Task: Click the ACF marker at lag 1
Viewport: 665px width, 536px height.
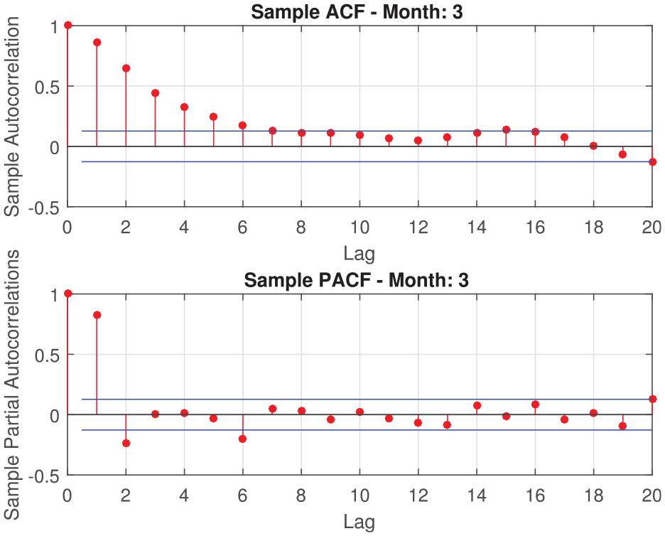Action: [x=97, y=43]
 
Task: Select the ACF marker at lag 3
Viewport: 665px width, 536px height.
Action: [x=155, y=93]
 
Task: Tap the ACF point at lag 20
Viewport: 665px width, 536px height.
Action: [x=653, y=161]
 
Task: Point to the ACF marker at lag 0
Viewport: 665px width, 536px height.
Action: [x=68, y=26]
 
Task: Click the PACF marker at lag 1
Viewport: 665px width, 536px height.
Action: [x=97, y=315]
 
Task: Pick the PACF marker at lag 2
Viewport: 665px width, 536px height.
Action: [x=126, y=443]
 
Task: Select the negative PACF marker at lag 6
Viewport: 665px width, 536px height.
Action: [x=242, y=439]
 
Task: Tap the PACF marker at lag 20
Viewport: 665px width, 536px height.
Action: [x=653, y=399]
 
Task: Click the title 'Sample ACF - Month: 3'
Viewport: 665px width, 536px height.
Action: [x=357, y=12]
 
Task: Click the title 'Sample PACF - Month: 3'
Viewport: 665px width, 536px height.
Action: [x=356, y=280]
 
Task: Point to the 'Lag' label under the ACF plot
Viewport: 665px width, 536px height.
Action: [x=359, y=254]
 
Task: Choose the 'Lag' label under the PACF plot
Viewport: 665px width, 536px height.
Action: [x=359, y=522]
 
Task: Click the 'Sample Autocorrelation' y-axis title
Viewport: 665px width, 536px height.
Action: [x=12, y=117]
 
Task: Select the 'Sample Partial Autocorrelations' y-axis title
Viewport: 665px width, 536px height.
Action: [x=12, y=385]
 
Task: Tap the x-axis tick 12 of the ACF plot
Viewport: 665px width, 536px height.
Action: [x=418, y=227]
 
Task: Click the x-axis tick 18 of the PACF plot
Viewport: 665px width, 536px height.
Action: [x=594, y=495]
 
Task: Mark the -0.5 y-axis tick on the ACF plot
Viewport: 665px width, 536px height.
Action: [x=44, y=208]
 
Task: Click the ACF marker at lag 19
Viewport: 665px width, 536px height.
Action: [x=622, y=154]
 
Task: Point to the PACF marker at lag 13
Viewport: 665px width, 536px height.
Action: [x=447, y=425]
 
